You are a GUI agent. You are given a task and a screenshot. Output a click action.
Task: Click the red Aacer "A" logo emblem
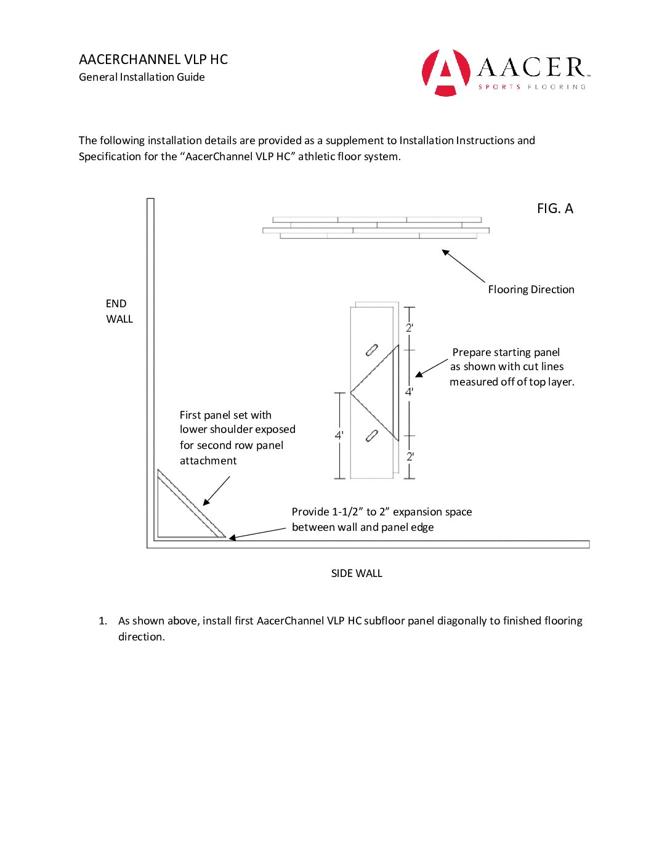[445, 72]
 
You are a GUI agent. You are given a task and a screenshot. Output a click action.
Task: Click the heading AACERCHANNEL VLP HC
[153, 59]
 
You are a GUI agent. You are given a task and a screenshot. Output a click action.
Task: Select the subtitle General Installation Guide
[142, 77]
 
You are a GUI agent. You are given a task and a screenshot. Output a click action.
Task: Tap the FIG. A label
[555, 209]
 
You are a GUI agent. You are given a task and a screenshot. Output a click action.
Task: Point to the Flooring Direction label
[531, 289]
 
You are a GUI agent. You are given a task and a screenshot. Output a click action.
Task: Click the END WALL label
[119, 311]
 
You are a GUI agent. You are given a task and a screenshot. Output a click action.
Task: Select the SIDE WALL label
[357, 573]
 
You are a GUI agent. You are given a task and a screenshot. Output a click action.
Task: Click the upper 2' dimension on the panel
[410, 328]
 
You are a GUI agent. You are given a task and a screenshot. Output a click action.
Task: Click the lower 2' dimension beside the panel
[410, 456]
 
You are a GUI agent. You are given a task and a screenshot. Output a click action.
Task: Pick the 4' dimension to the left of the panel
[339, 435]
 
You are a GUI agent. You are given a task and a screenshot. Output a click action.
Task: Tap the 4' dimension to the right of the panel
[409, 392]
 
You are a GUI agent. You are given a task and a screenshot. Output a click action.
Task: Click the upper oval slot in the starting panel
[371, 350]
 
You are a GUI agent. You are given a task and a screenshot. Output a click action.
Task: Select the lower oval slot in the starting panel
[371, 436]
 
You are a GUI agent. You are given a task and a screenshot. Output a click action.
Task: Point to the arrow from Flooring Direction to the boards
[463, 265]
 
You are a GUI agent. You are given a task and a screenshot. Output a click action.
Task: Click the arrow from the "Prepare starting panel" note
[431, 368]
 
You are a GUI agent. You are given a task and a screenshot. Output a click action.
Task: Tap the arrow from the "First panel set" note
[216, 491]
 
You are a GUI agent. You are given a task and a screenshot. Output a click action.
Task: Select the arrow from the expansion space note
[257, 533]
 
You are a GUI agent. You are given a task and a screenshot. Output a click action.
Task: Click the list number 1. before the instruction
[103, 621]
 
